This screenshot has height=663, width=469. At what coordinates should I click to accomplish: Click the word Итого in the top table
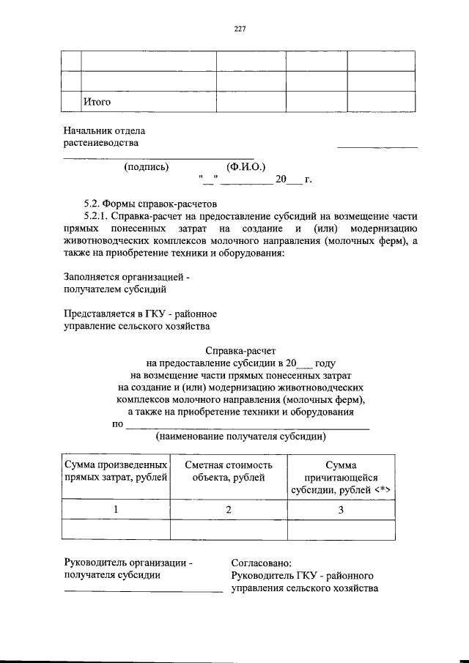coord(97,102)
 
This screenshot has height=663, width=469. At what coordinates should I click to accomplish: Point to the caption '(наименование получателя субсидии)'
coord(240,437)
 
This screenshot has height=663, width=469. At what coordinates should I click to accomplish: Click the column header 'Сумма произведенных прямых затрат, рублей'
coord(116,471)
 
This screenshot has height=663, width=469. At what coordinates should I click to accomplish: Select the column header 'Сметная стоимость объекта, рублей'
coord(229,471)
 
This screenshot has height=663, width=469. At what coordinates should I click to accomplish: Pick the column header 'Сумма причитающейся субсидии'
coord(341,478)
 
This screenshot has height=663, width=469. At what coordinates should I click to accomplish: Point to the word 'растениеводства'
coord(100,143)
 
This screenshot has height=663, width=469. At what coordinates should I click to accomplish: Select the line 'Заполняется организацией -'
coord(128,278)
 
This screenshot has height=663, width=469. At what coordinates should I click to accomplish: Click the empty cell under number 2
coord(228,529)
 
